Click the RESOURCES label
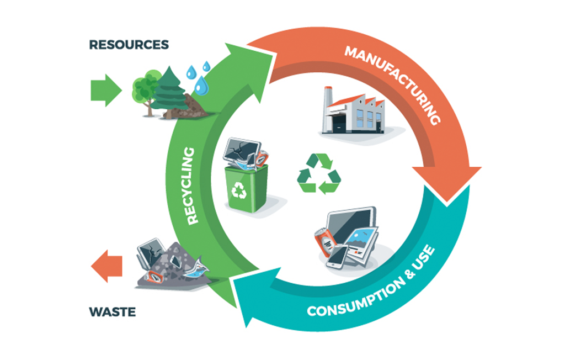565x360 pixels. click(129, 45)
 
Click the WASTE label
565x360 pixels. click(112, 313)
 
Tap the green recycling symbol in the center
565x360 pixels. click(319, 174)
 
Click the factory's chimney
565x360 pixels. click(328, 97)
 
